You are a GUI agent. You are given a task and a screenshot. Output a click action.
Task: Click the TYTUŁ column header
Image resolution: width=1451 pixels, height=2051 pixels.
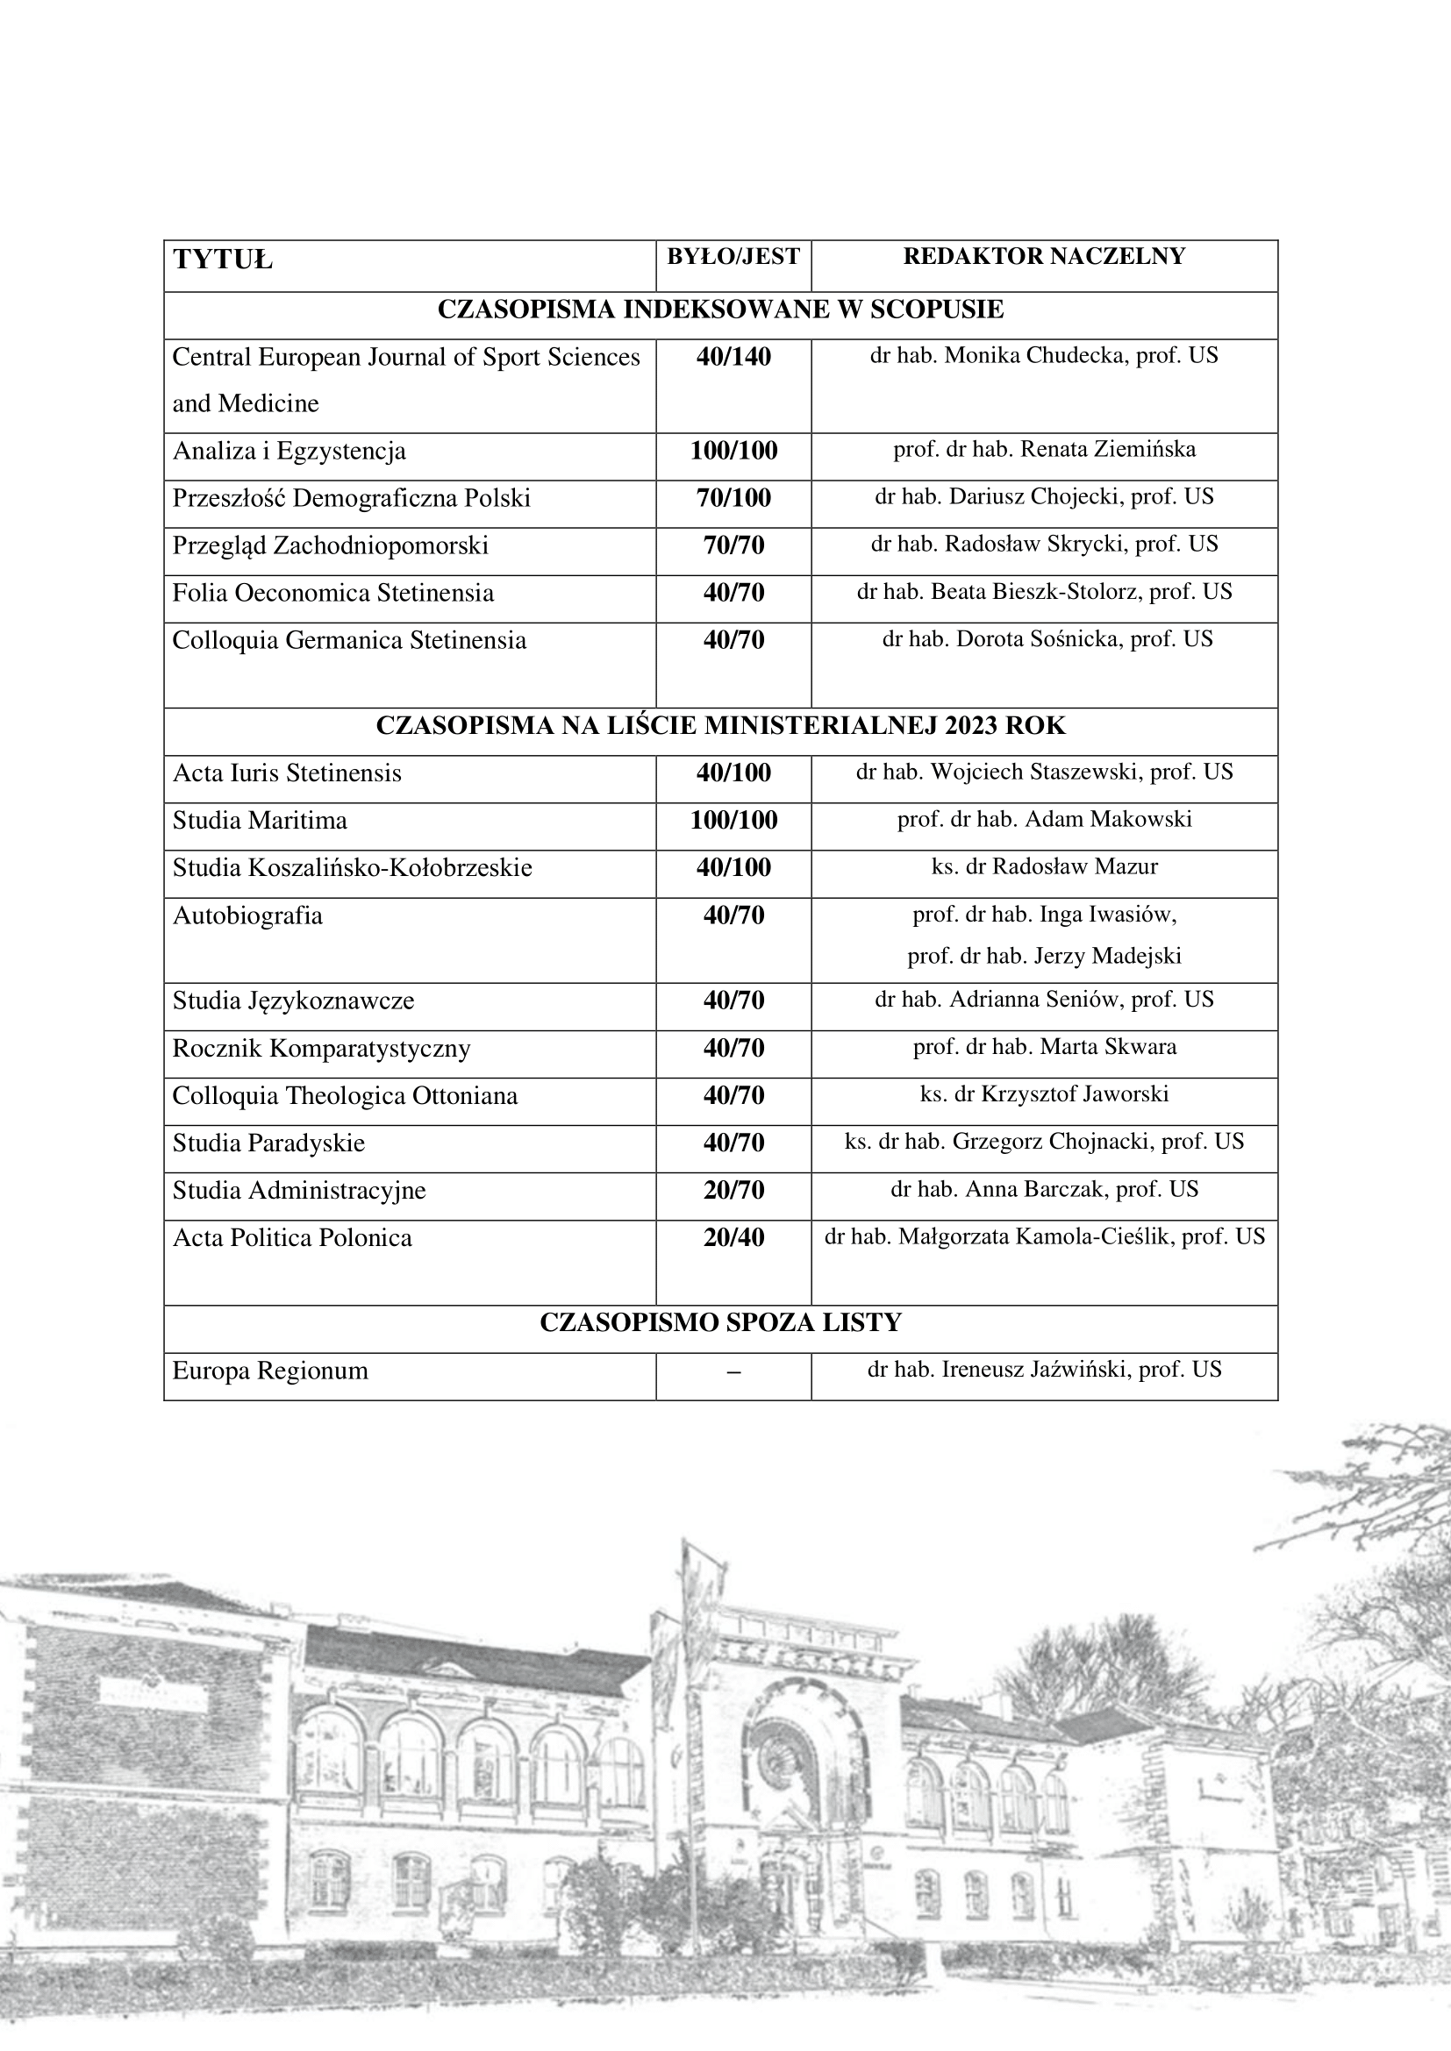pos(223,260)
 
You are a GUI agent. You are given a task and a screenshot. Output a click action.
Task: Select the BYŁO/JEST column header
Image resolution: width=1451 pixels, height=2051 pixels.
pos(733,257)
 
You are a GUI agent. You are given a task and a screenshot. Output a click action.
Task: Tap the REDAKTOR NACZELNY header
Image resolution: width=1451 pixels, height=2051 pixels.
pos(1044,256)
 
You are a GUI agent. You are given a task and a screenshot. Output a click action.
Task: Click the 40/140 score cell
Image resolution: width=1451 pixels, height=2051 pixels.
pos(733,357)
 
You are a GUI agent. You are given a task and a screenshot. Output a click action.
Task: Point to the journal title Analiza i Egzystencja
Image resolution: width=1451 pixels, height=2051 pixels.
pos(289,451)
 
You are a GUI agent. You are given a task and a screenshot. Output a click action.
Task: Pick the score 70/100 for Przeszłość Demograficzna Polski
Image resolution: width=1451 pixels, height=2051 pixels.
pos(733,498)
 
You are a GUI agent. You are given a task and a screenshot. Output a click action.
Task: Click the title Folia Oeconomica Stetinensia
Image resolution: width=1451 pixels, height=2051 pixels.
pos(332,593)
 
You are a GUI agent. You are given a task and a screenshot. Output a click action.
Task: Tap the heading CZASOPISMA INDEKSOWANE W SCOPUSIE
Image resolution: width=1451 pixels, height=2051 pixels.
pos(720,310)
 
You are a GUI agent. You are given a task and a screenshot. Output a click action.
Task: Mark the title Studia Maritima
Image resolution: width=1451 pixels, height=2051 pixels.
pos(259,821)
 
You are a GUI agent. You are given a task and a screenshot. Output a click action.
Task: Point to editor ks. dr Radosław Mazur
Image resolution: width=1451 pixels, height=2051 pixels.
pos(1044,866)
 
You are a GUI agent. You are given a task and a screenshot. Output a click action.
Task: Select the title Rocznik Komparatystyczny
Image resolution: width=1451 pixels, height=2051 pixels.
pos(321,1049)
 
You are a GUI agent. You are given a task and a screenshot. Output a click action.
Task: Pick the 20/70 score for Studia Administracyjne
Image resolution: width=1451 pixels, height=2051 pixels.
pos(733,1191)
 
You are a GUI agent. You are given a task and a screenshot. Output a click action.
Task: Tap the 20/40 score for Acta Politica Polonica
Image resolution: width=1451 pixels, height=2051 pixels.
pos(733,1238)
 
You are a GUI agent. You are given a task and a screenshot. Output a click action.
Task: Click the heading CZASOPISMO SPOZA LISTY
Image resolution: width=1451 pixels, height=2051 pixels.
pos(720,1323)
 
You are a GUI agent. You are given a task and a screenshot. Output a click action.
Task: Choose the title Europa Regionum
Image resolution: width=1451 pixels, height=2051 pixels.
pos(270,1371)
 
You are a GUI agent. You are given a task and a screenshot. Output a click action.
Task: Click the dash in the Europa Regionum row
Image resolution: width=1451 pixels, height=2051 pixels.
pos(733,1372)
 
